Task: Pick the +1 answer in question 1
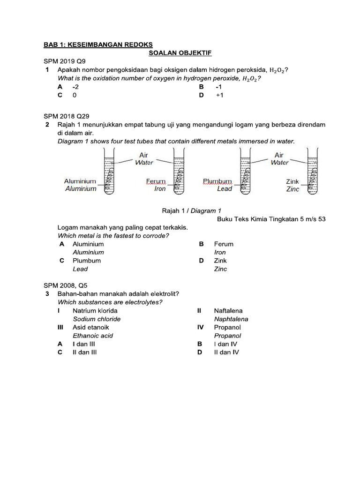click(220, 95)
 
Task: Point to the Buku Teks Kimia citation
click(271, 219)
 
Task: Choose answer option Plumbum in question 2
click(87, 261)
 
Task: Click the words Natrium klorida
click(95, 310)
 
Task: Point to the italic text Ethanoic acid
click(93, 336)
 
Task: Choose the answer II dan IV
click(226, 352)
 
